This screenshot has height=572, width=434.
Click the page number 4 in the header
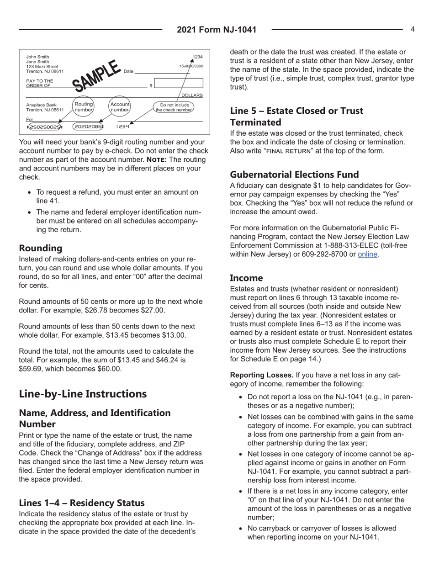click(412, 29)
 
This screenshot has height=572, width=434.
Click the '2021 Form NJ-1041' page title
click(217, 30)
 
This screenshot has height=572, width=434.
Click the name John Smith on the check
click(37, 57)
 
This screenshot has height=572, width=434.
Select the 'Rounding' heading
click(40, 249)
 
